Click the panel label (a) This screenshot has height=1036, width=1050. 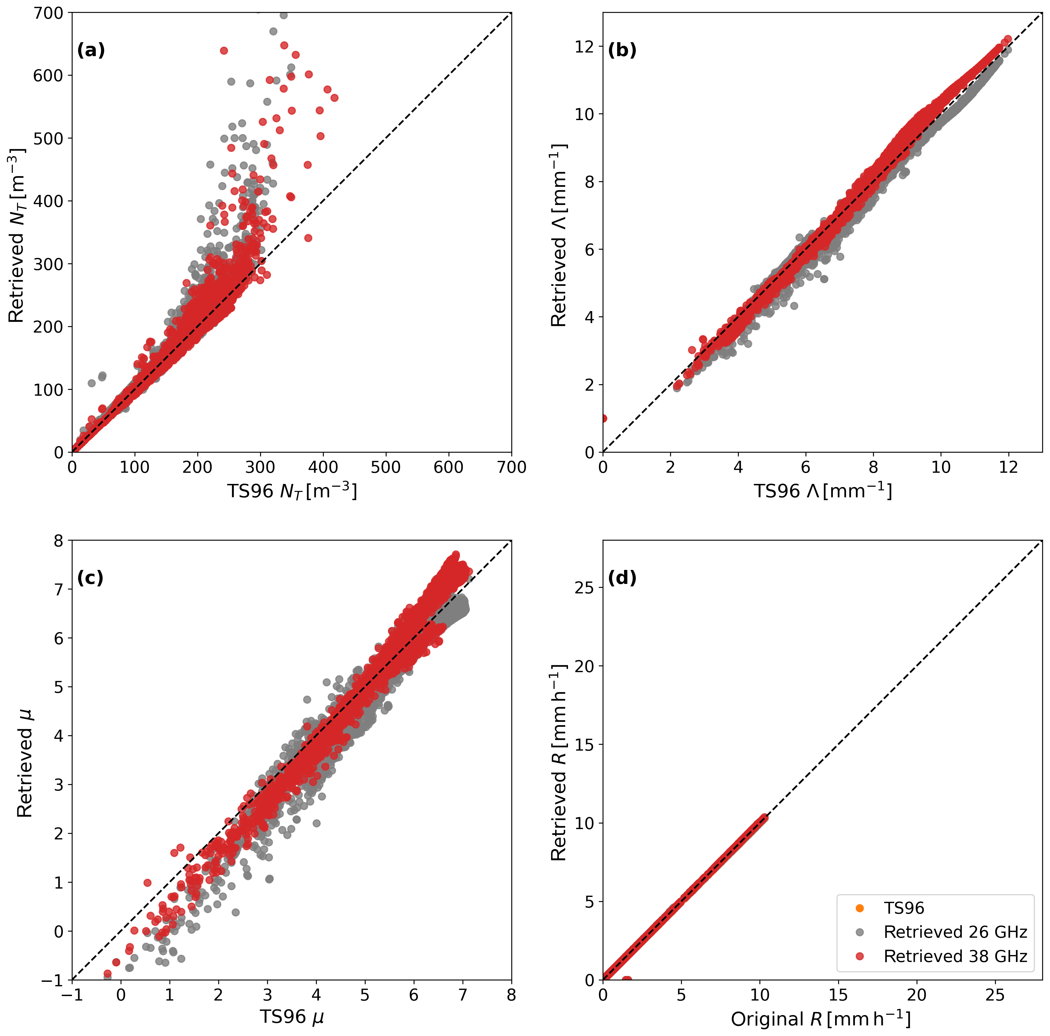(91, 51)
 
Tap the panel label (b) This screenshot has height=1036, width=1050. (622, 51)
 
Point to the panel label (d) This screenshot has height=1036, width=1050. (622, 578)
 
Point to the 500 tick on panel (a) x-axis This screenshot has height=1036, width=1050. (386, 467)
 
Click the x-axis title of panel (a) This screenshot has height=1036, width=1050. (292, 491)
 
